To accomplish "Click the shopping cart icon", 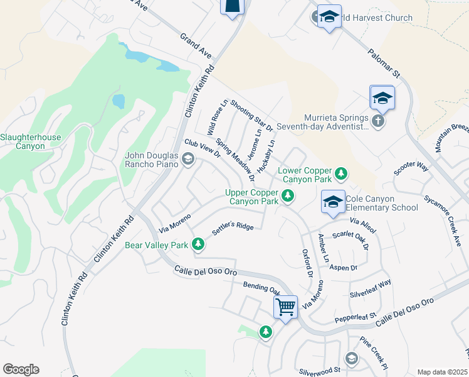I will click(x=285, y=307).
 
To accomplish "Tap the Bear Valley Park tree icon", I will click(x=199, y=243).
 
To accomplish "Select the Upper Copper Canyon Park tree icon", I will click(x=288, y=196).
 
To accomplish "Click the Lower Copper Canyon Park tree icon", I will click(x=340, y=172).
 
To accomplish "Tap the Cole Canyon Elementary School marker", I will click(x=333, y=201).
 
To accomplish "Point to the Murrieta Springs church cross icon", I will click(x=377, y=121).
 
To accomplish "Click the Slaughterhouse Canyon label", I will click(x=23, y=141).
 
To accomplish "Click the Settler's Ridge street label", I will click(x=233, y=227).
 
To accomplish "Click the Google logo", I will click(x=21, y=369).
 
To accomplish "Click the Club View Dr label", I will click(x=201, y=149).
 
